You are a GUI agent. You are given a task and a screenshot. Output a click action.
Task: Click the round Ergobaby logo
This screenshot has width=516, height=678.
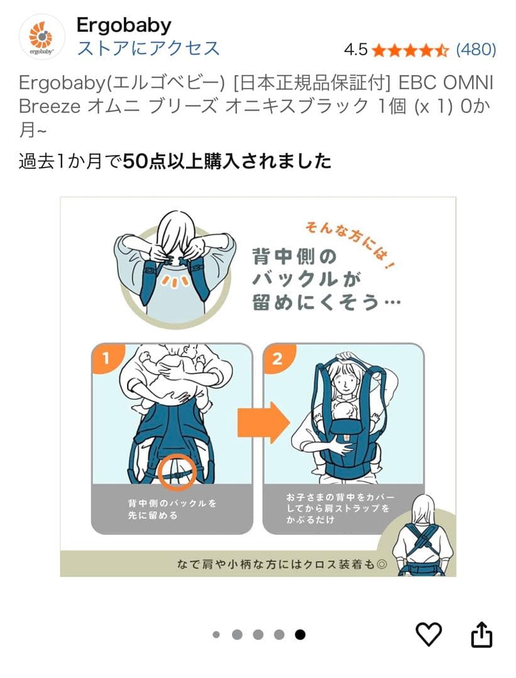(42, 37)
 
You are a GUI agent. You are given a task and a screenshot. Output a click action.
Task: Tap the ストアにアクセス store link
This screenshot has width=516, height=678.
(148, 48)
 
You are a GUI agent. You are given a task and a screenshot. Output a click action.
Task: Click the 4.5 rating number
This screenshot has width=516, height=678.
(355, 50)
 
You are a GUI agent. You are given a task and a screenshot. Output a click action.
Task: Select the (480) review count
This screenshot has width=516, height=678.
(476, 50)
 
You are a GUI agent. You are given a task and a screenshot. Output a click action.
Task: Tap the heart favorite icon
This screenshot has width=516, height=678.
(429, 634)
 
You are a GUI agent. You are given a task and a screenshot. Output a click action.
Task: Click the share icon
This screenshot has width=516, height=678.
(481, 634)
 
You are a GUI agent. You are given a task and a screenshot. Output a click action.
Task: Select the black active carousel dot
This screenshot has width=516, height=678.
(300, 634)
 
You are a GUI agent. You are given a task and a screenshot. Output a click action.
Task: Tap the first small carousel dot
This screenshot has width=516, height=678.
(216, 635)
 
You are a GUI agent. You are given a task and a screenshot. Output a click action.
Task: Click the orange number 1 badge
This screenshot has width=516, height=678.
(107, 358)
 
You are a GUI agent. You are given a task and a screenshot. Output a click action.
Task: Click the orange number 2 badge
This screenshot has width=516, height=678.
(278, 358)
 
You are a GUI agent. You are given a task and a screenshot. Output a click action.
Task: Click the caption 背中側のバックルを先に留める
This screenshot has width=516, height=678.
(172, 509)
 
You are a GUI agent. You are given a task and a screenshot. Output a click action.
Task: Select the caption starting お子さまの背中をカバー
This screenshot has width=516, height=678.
(340, 508)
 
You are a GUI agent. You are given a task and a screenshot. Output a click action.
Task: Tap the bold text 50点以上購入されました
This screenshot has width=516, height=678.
(228, 161)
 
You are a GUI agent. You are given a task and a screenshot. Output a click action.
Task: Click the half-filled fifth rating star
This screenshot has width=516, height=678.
(442, 50)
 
